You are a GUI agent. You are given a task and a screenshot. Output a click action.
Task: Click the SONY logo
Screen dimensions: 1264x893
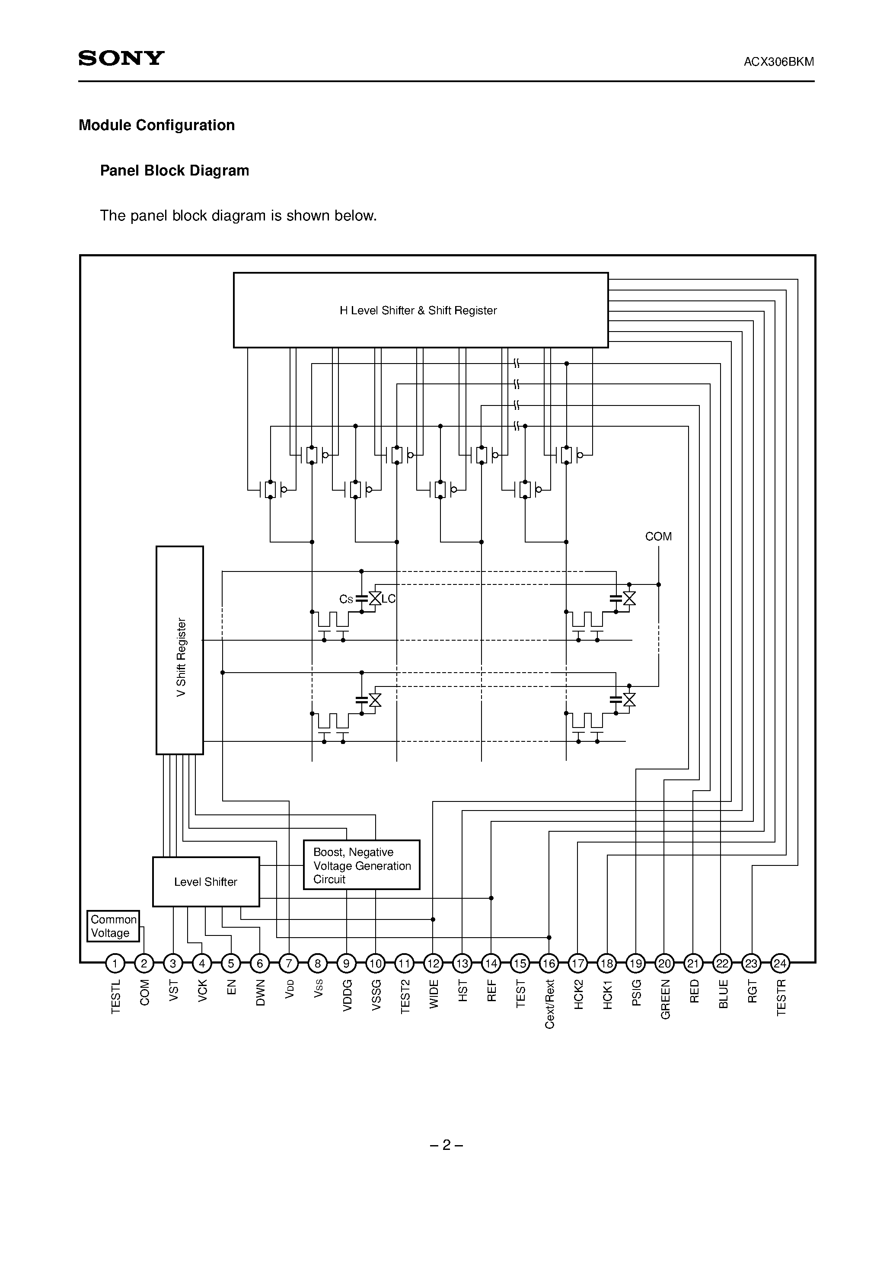(121, 58)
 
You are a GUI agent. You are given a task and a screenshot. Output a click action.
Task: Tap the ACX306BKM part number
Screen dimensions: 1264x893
(778, 62)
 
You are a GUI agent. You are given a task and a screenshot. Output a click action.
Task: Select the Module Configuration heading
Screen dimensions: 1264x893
(156, 125)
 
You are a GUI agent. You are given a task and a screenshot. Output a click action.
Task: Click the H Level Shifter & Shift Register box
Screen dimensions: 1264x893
(420, 310)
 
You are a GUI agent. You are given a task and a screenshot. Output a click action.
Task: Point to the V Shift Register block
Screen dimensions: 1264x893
(180, 650)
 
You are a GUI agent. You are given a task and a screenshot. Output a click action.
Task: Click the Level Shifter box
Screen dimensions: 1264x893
(205, 881)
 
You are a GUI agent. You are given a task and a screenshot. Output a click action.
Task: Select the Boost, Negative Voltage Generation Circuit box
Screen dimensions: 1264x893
(361, 865)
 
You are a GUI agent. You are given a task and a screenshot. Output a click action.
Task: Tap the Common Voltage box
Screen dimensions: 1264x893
(113, 926)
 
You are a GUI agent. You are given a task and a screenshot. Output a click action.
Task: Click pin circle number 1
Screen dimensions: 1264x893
(115, 964)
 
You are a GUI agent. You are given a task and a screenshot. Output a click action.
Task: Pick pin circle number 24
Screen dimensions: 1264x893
(780, 964)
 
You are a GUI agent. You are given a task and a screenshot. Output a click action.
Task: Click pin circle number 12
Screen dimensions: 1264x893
(433, 964)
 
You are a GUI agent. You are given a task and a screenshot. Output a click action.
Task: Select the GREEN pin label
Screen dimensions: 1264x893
(665, 999)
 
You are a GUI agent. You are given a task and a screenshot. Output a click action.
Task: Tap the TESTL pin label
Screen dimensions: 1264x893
(115, 996)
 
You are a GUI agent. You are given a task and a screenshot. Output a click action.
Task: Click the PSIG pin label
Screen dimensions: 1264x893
(636, 993)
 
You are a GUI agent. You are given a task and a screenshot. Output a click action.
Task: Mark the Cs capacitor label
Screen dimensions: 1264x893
(346, 600)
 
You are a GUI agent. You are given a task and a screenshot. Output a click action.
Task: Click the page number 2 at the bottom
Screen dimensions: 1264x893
(446, 1145)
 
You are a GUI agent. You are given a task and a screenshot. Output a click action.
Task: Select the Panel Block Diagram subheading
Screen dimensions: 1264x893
(174, 171)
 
